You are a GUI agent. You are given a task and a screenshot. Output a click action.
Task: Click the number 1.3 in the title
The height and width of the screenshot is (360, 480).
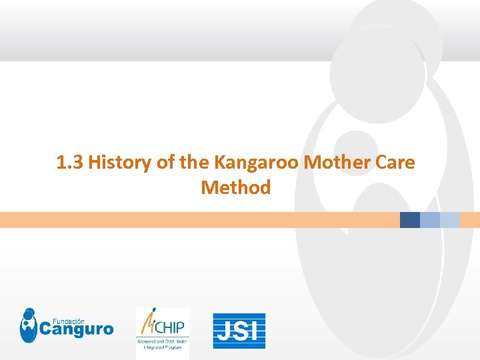(70, 162)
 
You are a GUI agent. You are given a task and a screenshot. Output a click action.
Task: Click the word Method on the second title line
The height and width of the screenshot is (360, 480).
(235, 187)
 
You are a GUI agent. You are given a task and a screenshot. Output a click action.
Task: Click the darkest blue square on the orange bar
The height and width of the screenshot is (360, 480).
(410, 220)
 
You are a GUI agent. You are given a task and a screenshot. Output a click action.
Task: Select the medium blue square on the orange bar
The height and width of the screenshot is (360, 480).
(430, 220)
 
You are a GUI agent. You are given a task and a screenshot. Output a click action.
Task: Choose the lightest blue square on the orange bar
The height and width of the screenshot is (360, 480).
(450, 220)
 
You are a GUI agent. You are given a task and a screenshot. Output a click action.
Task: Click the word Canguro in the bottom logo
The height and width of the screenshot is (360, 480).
(77, 329)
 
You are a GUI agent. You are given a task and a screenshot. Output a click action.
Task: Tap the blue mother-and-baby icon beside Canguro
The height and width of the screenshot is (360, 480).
(28, 325)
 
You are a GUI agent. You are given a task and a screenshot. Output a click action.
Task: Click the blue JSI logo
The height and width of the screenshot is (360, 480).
(239, 331)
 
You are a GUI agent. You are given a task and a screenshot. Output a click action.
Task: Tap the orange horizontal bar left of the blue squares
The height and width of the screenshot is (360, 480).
(200, 220)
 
